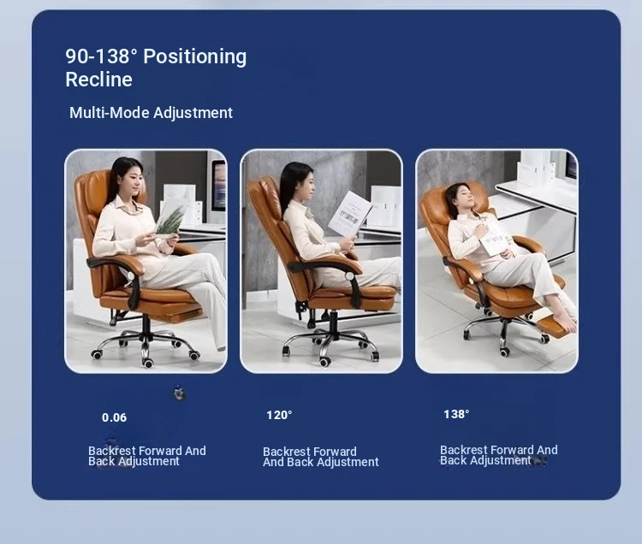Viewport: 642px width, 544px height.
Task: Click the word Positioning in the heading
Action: click(x=195, y=56)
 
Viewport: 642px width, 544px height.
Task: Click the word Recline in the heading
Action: click(x=98, y=80)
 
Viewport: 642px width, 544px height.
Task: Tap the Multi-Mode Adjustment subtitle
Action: click(x=151, y=113)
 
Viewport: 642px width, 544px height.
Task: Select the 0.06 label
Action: click(x=114, y=417)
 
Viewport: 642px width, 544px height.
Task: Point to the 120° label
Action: click(x=279, y=415)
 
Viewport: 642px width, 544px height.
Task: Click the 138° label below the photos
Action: click(x=456, y=414)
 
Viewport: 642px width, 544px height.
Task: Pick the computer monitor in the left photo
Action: click(x=218, y=186)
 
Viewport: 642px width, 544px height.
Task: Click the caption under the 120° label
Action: click(x=321, y=457)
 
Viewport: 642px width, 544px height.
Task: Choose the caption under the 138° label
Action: click(x=499, y=455)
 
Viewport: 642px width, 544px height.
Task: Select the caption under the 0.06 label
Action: click(x=147, y=456)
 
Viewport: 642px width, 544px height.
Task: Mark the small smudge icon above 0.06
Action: click(x=179, y=393)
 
